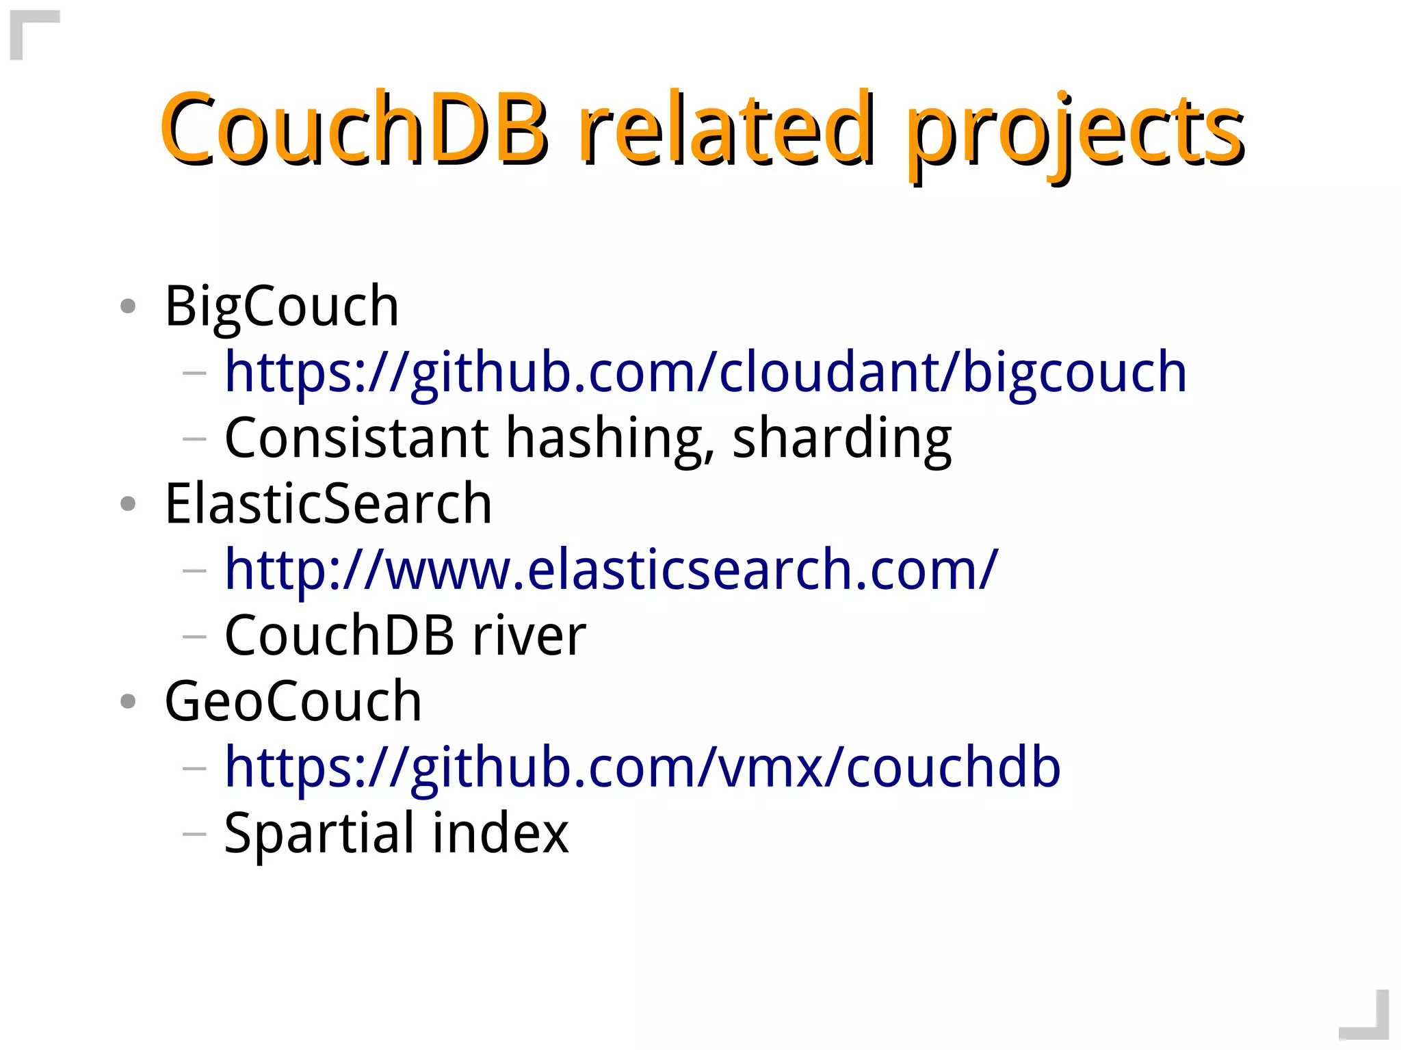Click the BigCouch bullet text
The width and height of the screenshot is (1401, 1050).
(282, 306)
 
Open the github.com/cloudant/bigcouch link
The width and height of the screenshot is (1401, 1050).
(705, 373)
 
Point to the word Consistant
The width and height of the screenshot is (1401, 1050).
(356, 438)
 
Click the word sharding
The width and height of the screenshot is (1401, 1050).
(841, 439)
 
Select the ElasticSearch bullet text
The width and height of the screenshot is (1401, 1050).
(328, 503)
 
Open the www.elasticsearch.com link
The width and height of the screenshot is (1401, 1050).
(611, 570)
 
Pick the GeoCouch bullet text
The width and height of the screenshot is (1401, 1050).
(293, 701)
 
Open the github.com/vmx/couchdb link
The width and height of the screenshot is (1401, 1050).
(642, 767)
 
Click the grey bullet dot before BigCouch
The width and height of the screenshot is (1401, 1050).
(128, 306)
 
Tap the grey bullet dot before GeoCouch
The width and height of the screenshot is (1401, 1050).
(128, 701)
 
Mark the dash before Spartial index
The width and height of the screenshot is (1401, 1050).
(194, 834)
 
